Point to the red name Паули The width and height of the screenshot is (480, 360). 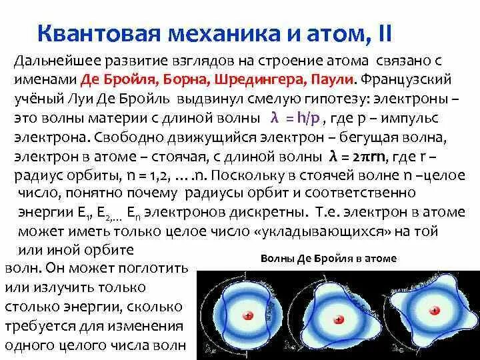331,79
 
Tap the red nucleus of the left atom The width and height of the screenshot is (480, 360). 247,317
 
